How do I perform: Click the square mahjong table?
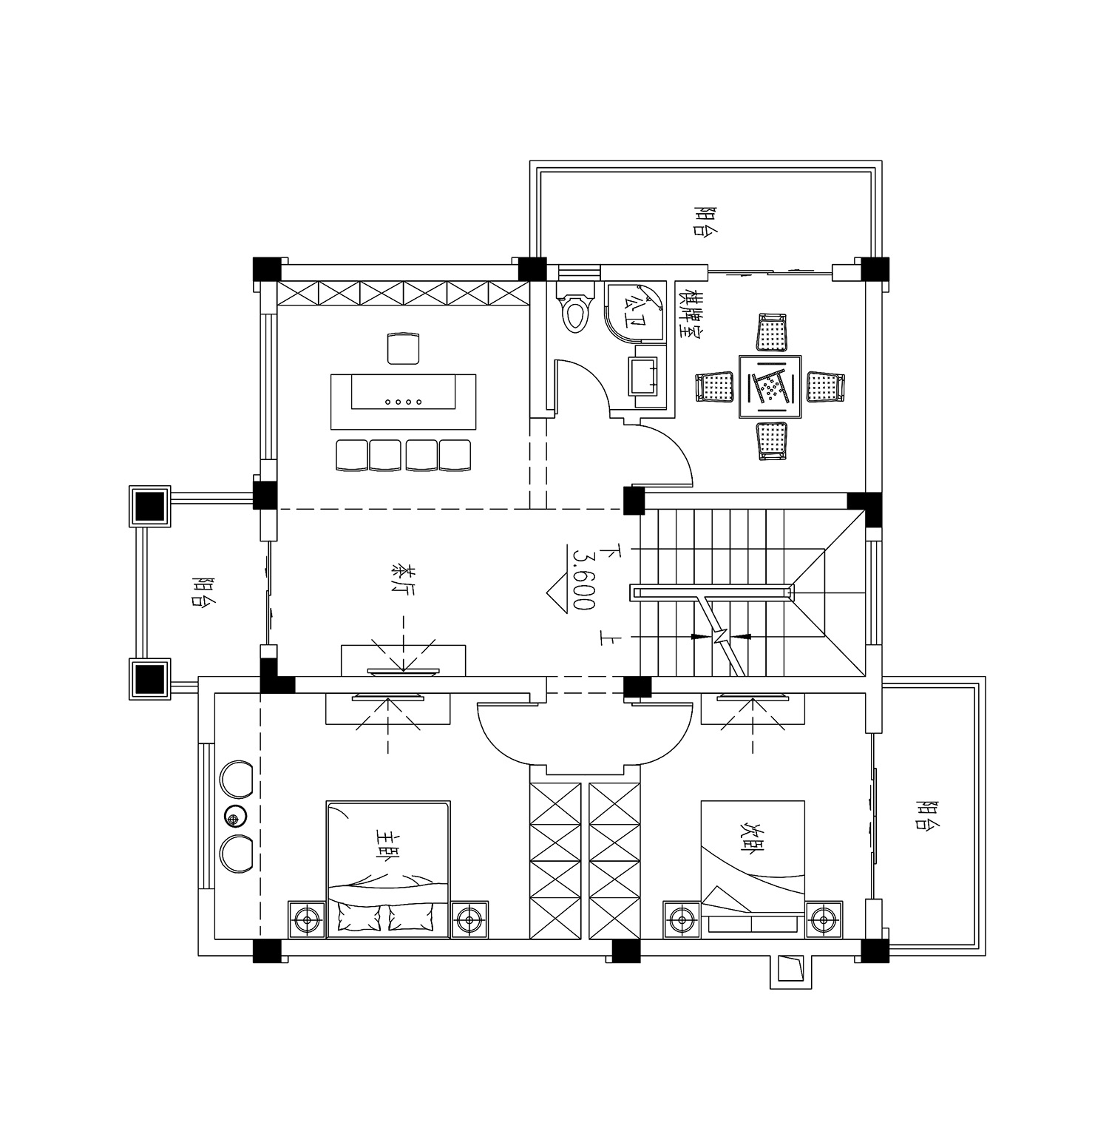click(x=770, y=386)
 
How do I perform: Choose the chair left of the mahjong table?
click(x=714, y=387)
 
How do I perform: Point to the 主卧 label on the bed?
click(x=386, y=843)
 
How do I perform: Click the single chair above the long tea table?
click(x=404, y=348)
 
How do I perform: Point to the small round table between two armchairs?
click(x=236, y=817)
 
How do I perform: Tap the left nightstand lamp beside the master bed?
click(x=306, y=920)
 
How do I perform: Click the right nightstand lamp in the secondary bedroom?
click(x=823, y=920)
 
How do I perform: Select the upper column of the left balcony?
click(x=150, y=506)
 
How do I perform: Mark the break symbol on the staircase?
click(x=721, y=636)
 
